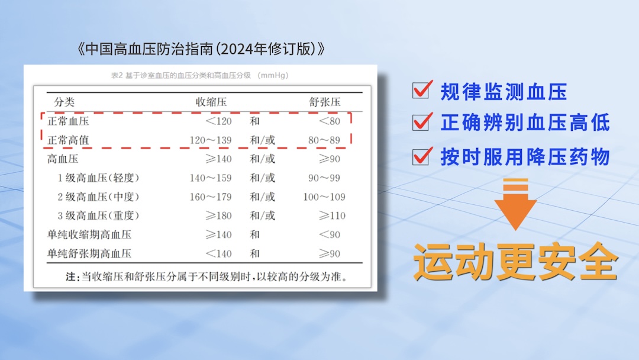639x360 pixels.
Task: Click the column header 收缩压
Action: tap(211, 102)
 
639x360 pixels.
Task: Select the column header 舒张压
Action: tap(325, 102)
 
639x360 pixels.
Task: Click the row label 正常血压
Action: tap(68, 121)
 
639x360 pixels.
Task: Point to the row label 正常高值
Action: tap(68, 141)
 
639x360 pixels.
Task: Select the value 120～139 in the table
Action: tap(211, 141)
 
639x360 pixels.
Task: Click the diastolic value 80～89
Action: tap(324, 141)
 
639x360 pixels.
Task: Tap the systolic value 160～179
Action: tap(211, 197)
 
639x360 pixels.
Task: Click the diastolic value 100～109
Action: tap(324, 197)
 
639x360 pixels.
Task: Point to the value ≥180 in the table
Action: tap(219, 216)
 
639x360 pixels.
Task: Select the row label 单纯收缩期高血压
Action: tap(89, 234)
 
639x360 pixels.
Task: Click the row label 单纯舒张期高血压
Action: tap(89, 253)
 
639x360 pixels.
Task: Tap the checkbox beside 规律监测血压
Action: tap(421, 91)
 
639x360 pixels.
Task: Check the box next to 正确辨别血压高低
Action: tap(421, 123)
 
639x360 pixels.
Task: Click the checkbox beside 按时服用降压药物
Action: tap(421, 157)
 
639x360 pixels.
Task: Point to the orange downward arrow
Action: tap(515, 205)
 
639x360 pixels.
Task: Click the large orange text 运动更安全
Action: tap(515, 261)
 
